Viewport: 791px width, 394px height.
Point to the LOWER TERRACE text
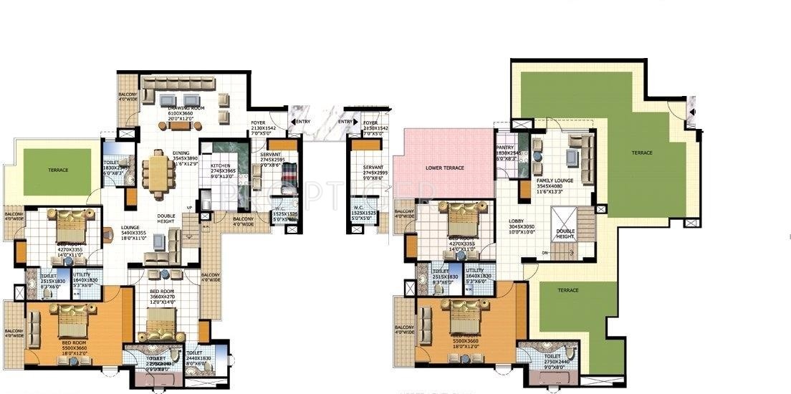coord(446,168)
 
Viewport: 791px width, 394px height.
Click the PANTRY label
coord(505,147)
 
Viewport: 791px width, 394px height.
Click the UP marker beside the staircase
coord(189,208)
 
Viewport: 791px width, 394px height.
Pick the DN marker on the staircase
coord(545,253)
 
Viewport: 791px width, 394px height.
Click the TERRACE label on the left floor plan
coord(57,170)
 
